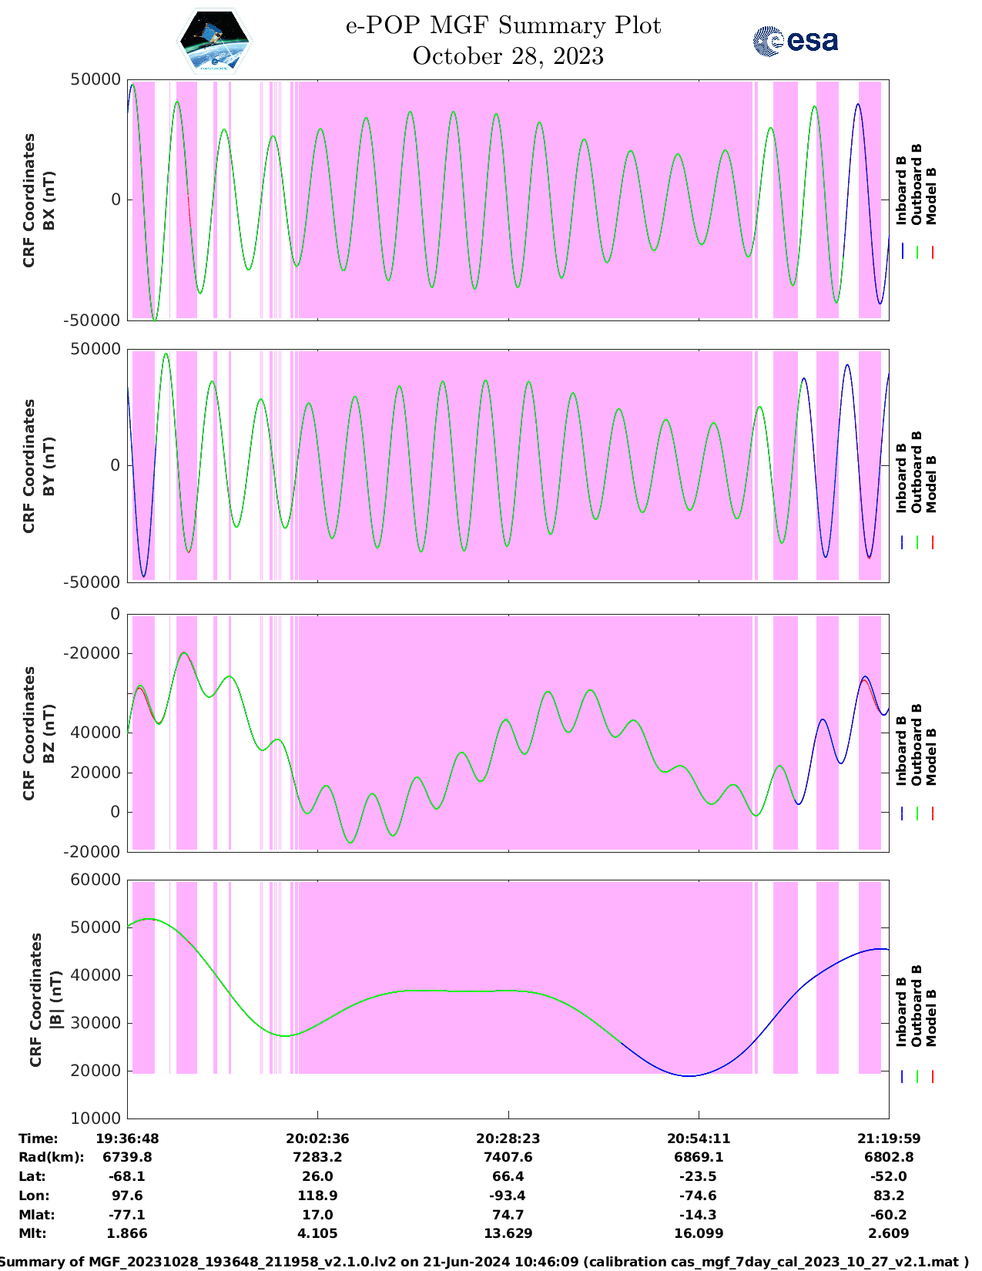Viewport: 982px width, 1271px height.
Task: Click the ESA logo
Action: point(795,41)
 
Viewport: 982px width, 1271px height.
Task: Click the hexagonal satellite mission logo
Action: point(214,41)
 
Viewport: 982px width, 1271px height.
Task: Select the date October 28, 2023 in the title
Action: point(508,56)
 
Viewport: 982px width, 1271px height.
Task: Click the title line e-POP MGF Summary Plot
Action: point(503,26)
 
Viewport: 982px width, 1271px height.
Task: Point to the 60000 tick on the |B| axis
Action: point(96,880)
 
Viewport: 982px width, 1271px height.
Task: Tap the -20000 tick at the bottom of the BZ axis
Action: point(96,852)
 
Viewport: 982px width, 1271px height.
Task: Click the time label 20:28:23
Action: point(508,1139)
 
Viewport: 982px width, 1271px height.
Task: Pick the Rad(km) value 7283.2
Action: point(317,1157)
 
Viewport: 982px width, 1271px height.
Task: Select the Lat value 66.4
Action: point(508,1176)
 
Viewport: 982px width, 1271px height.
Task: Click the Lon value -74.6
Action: point(698,1196)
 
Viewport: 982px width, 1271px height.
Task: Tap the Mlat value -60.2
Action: point(889,1215)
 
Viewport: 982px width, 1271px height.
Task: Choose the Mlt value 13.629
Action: point(508,1233)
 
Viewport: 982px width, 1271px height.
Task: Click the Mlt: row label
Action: point(32,1233)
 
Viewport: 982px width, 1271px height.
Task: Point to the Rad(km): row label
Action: point(51,1157)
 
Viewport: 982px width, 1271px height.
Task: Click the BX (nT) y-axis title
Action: point(48,200)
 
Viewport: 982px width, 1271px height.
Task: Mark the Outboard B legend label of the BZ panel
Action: point(917,745)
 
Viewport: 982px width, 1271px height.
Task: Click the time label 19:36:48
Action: point(127,1139)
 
